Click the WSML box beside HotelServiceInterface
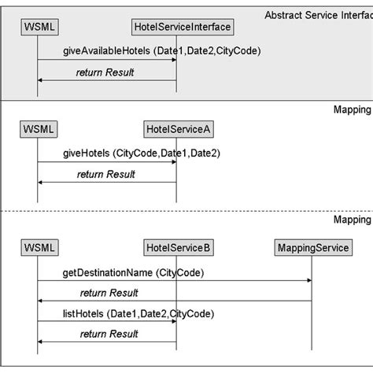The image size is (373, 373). click(x=37, y=28)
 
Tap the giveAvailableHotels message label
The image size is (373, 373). click(x=161, y=51)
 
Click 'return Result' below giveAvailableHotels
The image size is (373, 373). click(x=105, y=72)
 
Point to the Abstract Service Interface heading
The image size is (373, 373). click(x=318, y=15)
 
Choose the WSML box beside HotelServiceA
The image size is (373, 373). click(x=37, y=128)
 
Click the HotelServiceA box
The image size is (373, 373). click(x=176, y=128)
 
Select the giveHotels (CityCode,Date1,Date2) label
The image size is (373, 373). click(x=141, y=153)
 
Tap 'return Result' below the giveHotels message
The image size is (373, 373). click(x=106, y=174)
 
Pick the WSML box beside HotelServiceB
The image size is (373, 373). click(x=37, y=248)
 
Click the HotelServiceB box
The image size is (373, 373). click(x=177, y=248)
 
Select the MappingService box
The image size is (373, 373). click(x=312, y=248)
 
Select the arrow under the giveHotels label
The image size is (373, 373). click(x=106, y=163)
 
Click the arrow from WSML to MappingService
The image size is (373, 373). click(x=174, y=281)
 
